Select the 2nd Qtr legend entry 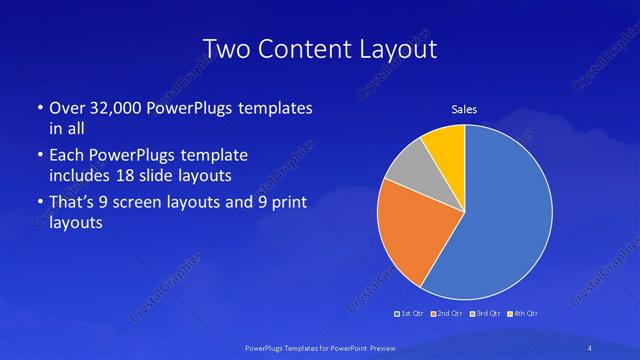(446, 315)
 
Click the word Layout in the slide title (401, 49)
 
